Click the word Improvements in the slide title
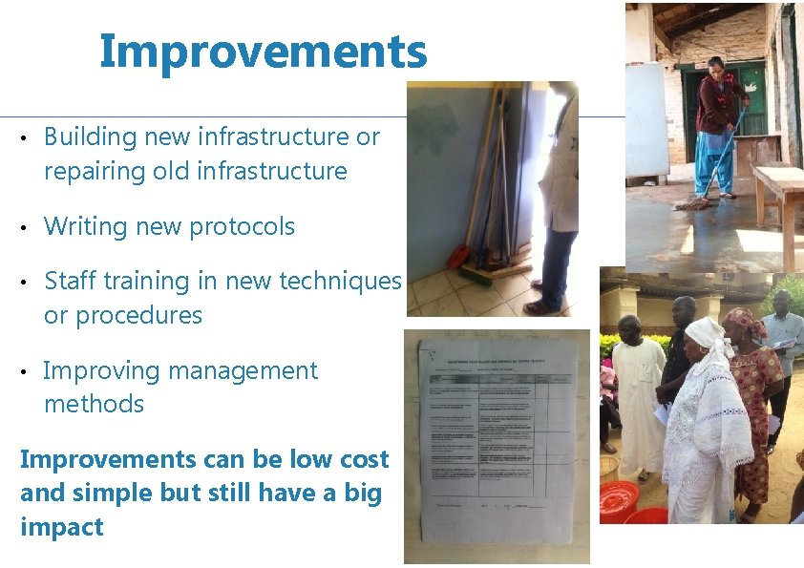(263, 52)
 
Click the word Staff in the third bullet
(70, 282)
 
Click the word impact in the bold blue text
(61, 528)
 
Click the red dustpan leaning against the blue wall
(460, 255)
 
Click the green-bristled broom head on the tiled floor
(478, 276)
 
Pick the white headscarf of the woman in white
(707, 334)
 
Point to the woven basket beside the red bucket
(608, 468)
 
